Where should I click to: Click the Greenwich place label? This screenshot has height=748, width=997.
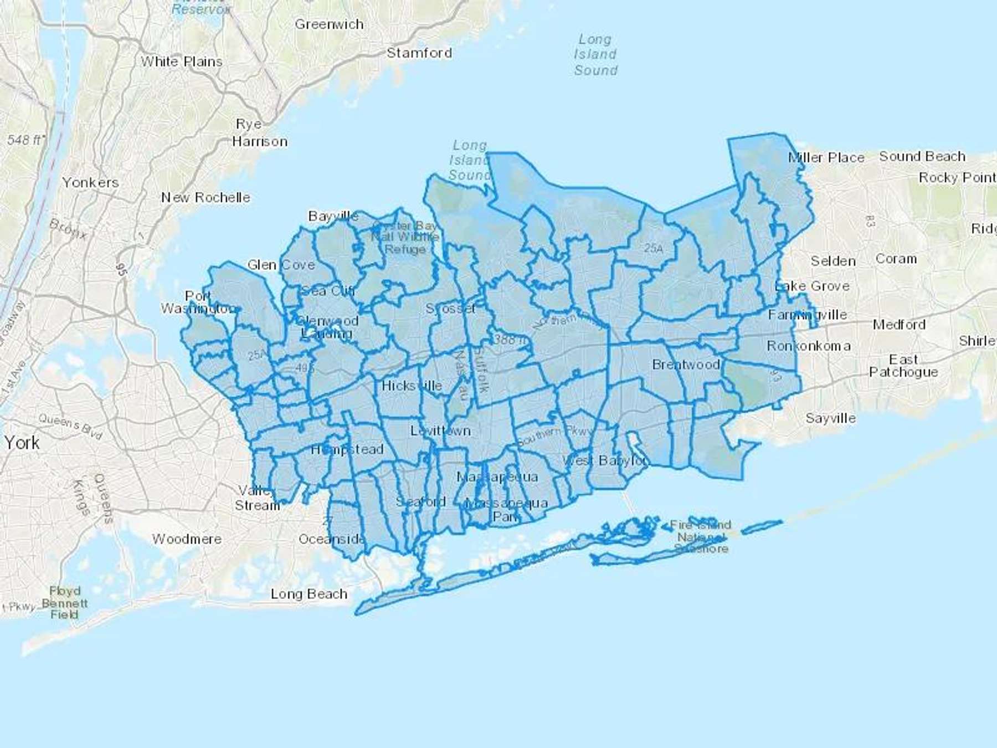[329, 24]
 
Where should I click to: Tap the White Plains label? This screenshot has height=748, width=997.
[181, 62]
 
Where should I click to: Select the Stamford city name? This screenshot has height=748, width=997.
[419, 53]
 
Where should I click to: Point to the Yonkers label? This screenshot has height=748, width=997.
[90, 182]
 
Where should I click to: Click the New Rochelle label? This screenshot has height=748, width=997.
[205, 197]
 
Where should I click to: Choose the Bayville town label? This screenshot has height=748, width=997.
[333, 216]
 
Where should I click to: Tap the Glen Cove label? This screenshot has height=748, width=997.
[281, 265]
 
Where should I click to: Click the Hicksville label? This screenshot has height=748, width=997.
[412, 386]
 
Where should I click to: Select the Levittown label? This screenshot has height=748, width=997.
[440, 431]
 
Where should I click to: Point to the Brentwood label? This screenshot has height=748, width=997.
[686, 365]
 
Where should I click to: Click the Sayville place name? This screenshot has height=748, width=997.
[830, 418]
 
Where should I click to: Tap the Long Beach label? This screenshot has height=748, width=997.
[309, 594]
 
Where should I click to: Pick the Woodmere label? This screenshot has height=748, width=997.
[187, 539]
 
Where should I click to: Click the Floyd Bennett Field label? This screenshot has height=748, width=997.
[64, 603]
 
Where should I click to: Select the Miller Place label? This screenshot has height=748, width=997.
[826, 158]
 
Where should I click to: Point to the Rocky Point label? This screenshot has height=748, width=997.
[957, 177]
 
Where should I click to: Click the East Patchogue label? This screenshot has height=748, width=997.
[903, 366]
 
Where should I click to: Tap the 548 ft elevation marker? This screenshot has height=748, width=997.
[24, 140]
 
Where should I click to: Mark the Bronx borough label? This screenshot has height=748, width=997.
[68, 228]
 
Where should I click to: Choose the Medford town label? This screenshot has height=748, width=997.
[899, 324]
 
